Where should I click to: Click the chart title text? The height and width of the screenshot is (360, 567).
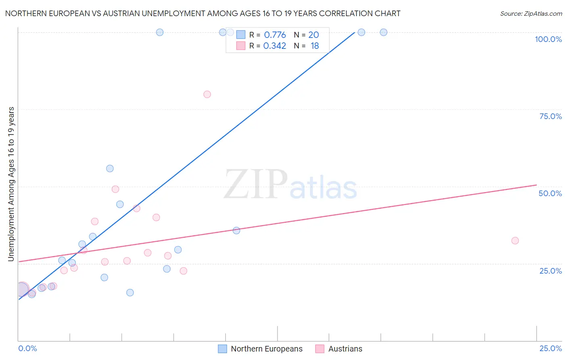click(x=202, y=13)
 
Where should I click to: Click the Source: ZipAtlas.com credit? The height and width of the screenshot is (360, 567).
click(x=531, y=13)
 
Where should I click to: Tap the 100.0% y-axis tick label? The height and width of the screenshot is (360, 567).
click(x=548, y=39)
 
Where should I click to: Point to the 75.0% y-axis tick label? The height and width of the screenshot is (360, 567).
click(x=550, y=116)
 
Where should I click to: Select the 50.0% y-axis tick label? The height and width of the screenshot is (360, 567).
click(x=550, y=193)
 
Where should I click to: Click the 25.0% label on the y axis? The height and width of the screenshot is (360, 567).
click(x=550, y=270)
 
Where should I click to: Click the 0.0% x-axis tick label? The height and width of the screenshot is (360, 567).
click(x=27, y=348)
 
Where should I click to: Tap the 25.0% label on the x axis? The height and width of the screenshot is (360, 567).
click(x=550, y=348)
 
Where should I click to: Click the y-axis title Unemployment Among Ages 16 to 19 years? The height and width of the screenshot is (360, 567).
click(x=11, y=184)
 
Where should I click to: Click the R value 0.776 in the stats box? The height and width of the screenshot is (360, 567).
click(x=275, y=35)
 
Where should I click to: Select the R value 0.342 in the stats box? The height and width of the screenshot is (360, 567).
click(x=275, y=46)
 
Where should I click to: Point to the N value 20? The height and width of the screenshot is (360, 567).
click(x=313, y=35)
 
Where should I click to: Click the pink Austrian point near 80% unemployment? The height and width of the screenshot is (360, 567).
click(x=207, y=94)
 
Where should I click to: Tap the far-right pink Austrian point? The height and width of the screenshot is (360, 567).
click(x=515, y=241)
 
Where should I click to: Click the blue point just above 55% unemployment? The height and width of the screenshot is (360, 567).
click(x=110, y=169)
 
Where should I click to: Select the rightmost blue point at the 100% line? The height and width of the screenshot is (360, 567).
click(x=384, y=32)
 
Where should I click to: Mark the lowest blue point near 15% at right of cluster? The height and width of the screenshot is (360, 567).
click(x=130, y=293)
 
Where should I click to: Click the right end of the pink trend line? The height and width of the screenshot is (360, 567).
click(x=536, y=185)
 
